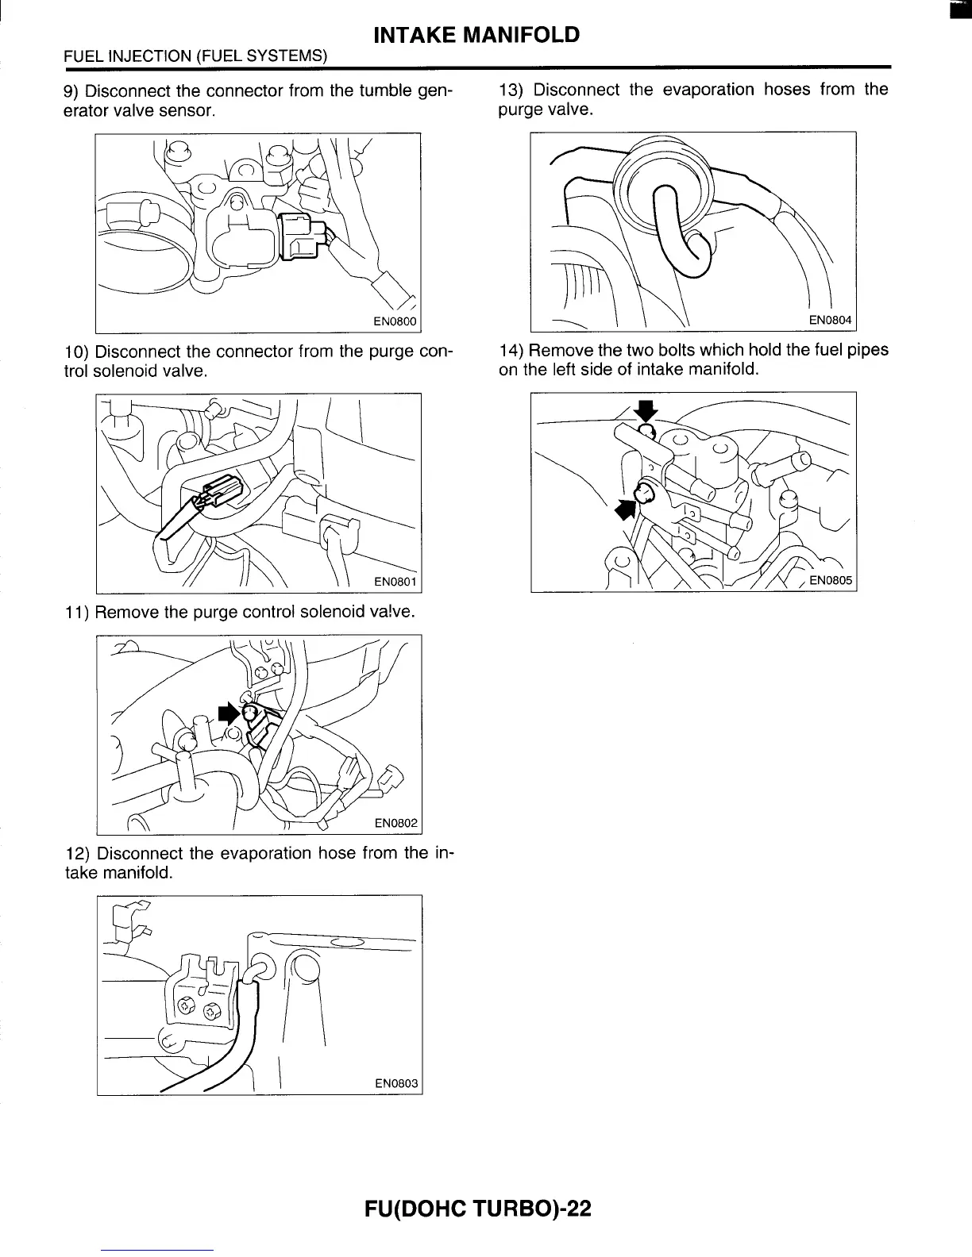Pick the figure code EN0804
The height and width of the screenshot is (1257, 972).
pos(830,320)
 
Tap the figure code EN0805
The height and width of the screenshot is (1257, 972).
pos(830,580)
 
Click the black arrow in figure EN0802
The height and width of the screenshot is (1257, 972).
pos(229,712)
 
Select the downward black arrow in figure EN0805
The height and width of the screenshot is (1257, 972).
pos(647,410)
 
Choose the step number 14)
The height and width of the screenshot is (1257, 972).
pos(511,350)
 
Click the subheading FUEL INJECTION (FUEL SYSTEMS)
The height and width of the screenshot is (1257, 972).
pos(195,56)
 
